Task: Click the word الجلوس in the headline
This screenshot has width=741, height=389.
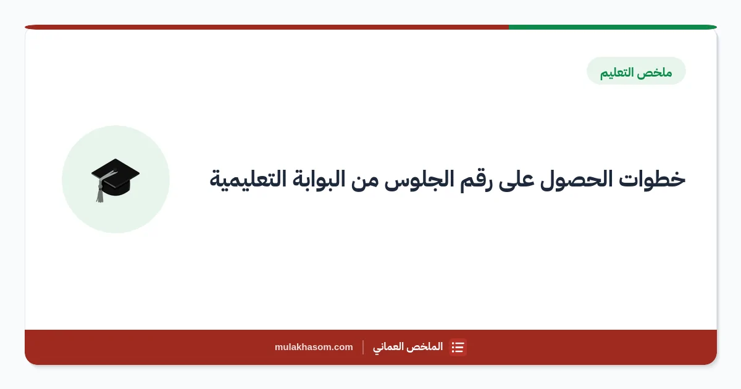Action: pyautogui.click(x=419, y=180)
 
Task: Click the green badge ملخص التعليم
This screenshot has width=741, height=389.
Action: pyautogui.click(x=636, y=71)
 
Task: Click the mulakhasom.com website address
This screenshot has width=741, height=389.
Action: pyautogui.click(x=314, y=347)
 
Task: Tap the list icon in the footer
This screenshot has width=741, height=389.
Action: pyautogui.click(x=458, y=347)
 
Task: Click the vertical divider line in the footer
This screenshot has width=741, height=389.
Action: pyautogui.click(x=363, y=347)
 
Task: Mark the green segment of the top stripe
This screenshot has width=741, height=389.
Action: pyautogui.click(x=613, y=27)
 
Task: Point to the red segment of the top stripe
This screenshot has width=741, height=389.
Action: pyautogui.click(x=267, y=27)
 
